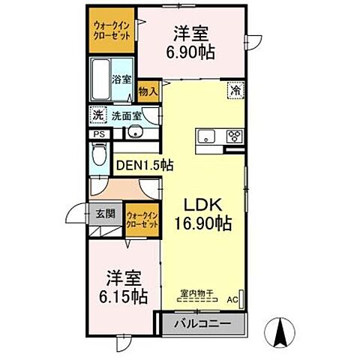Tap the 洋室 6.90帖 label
(190, 44)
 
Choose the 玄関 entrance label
(105, 214)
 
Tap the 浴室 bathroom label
(122, 78)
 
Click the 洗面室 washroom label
(127, 115)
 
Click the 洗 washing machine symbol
(97, 115)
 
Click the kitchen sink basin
(206, 136)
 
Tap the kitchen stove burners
(235, 136)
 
